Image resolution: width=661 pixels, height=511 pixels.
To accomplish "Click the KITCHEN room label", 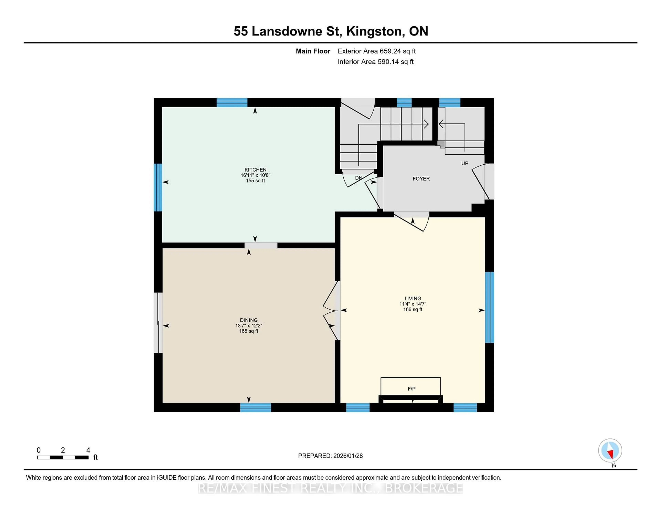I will [255, 170].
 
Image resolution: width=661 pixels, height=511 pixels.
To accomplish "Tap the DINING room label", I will [249, 320].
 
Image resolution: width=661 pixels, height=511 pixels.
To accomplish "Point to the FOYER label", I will [421, 179].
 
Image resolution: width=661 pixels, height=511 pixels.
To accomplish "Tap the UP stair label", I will [465, 163].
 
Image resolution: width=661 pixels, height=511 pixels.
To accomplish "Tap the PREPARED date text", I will [330, 456].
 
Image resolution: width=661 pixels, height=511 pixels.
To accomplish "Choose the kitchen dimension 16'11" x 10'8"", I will [255, 175].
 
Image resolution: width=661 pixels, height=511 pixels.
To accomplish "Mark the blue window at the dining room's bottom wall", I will [255, 408].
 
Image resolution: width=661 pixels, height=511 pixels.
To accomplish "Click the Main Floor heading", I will [313, 51].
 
